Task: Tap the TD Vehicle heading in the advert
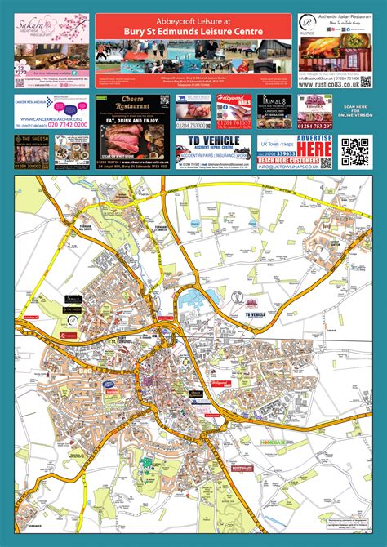coord(215,144)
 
